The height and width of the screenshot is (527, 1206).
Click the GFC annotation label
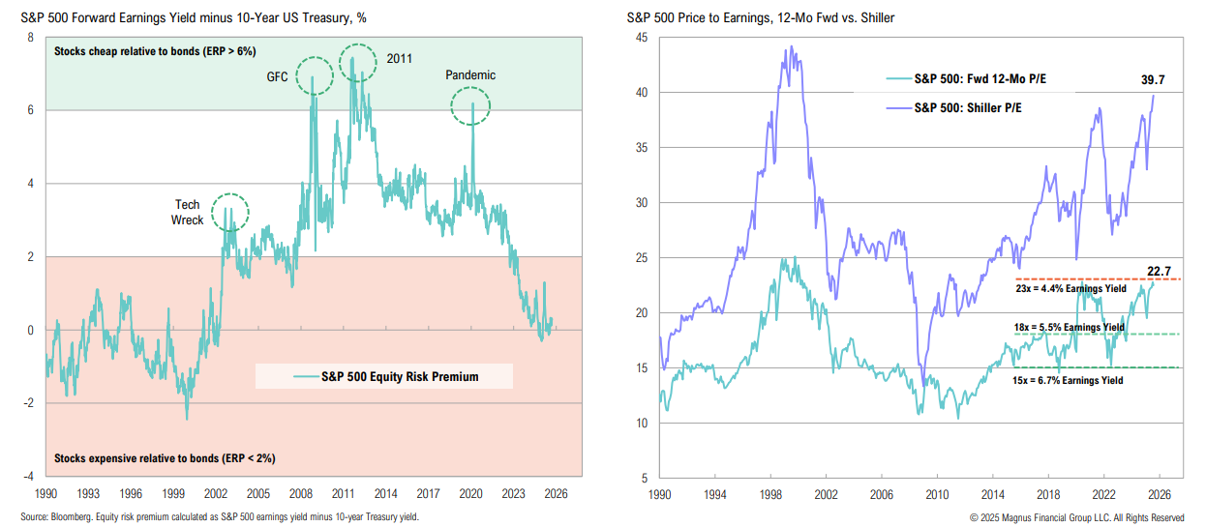point(277,76)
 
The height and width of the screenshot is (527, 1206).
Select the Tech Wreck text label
point(188,213)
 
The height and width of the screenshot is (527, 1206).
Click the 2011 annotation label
point(399,58)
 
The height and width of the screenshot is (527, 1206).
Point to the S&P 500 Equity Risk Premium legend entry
point(399,376)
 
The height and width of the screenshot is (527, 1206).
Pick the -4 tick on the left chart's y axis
point(30,477)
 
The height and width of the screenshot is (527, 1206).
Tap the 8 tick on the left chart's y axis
point(30,38)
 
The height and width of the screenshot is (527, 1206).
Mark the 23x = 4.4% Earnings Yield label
point(1070,288)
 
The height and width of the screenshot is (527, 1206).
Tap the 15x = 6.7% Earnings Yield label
point(1070,382)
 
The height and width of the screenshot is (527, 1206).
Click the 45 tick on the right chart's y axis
point(640,38)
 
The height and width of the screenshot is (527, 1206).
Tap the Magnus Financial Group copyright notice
point(1076,517)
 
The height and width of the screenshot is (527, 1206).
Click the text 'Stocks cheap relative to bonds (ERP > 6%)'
point(155,50)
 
